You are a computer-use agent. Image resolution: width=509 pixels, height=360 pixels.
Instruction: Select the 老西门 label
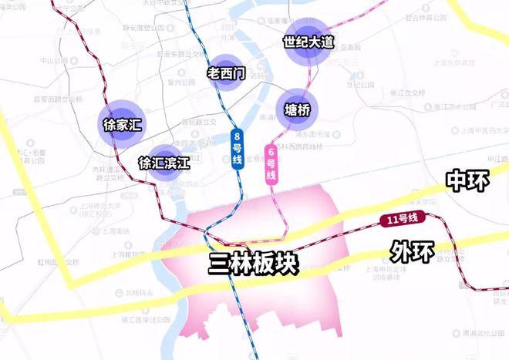pyautogui.click(x=226, y=74)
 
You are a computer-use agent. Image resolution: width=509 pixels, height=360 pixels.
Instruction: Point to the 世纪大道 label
pyautogui.click(x=308, y=42)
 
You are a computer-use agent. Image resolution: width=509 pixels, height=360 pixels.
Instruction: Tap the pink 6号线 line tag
pyautogui.click(x=271, y=163)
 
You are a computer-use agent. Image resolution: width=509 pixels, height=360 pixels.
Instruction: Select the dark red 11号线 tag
pyautogui.click(x=400, y=220)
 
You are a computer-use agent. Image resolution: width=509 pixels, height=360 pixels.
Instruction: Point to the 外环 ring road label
pyautogui.click(x=411, y=251)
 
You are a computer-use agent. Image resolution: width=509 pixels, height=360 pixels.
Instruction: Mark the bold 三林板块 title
pyautogui.click(x=253, y=264)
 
